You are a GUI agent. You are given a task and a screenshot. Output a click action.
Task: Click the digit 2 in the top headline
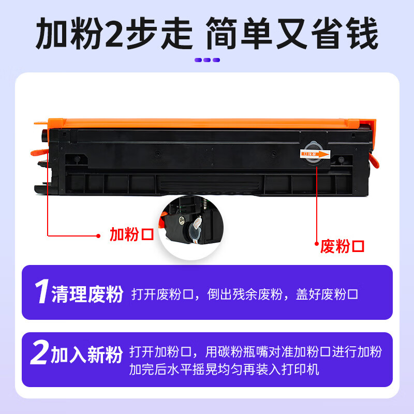[x=114, y=34]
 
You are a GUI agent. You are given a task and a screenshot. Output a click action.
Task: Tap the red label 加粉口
[x=132, y=234]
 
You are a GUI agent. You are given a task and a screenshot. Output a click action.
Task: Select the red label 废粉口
[x=342, y=246]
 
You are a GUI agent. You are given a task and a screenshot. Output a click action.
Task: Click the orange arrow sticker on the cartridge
[x=315, y=154]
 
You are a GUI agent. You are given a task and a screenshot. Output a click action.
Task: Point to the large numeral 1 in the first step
[x=42, y=291]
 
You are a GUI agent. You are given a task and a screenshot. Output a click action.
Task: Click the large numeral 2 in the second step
[x=40, y=352]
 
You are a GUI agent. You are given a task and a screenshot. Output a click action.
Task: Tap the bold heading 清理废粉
[x=87, y=294]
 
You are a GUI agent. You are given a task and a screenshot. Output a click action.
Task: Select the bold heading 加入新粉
[x=87, y=354]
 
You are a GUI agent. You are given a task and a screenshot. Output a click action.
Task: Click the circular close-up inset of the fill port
[x=191, y=228]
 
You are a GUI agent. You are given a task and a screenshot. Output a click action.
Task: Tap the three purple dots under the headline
[x=207, y=60]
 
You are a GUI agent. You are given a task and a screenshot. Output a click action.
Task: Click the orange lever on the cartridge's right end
[x=374, y=160]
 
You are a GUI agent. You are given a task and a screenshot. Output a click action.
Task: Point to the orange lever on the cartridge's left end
[x=39, y=152]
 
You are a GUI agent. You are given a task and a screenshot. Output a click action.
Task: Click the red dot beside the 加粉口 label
[x=98, y=236]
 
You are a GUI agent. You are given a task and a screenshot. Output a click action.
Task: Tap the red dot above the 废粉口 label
[x=317, y=243]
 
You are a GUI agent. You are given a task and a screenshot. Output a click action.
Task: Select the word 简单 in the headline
[x=239, y=34]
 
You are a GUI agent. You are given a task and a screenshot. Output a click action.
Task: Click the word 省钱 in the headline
[x=345, y=34]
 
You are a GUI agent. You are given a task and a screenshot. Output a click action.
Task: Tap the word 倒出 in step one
[x=219, y=294]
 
